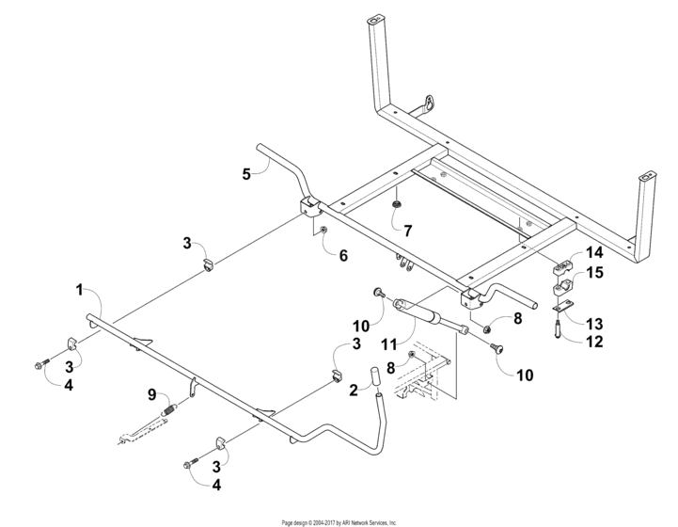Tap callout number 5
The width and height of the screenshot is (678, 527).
[x=246, y=173]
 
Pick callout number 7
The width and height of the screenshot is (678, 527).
[x=407, y=230]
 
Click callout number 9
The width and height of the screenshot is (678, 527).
[x=150, y=392]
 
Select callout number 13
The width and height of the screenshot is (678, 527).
[x=593, y=323]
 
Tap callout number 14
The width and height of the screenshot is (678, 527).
[x=593, y=253]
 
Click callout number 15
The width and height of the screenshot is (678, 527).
[x=593, y=273]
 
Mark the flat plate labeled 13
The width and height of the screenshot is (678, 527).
[x=560, y=304]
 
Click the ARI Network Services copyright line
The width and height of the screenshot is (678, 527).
[x=339, y=521]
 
